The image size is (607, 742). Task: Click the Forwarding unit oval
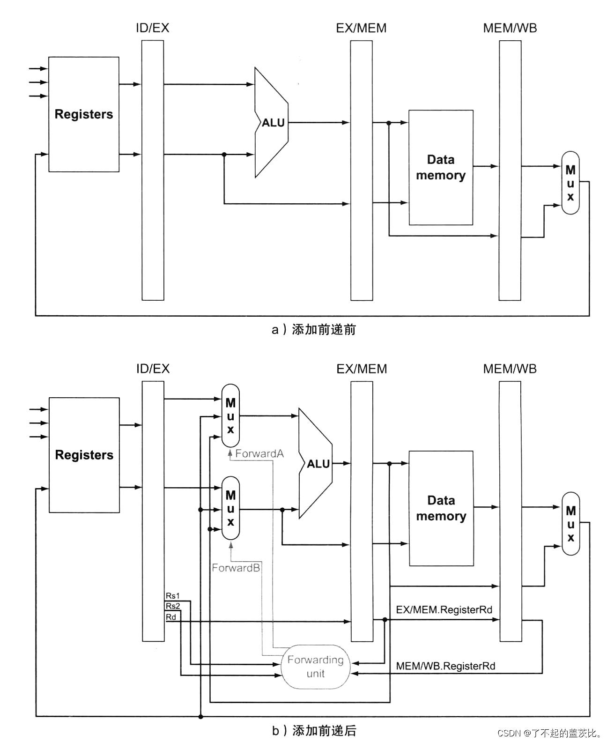click(x=315, y=666)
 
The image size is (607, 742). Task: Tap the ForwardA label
click(x=259, y=453)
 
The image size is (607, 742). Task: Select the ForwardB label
click(x=236, y=568)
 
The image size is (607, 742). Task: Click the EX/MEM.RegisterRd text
click(x=444, y=609)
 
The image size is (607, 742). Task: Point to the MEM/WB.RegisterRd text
click(x=445, y=666)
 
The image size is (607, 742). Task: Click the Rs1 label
click(x=172, y=596)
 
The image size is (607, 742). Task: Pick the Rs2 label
click(x=172, y=606)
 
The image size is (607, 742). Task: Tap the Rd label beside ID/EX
click(x=171, y=617)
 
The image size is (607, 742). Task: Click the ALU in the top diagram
click(x=272, y=123)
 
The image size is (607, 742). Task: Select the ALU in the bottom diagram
click(x=318, y=464)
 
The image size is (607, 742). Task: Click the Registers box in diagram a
click(x=84, y=114)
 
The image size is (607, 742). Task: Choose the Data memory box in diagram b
click(x=441, y=508)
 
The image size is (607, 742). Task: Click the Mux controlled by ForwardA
click(x=230, y=416)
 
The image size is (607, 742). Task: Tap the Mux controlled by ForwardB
click(x=230, y=508)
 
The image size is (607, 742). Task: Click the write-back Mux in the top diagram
click(x=570, y=183)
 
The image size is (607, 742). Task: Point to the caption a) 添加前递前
click(x=313, y=330)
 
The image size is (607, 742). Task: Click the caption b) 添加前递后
click(x=314, y=730)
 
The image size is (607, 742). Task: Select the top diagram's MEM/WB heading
click(x=510, y=28)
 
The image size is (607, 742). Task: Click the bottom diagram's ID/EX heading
click(x=153, y=369)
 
